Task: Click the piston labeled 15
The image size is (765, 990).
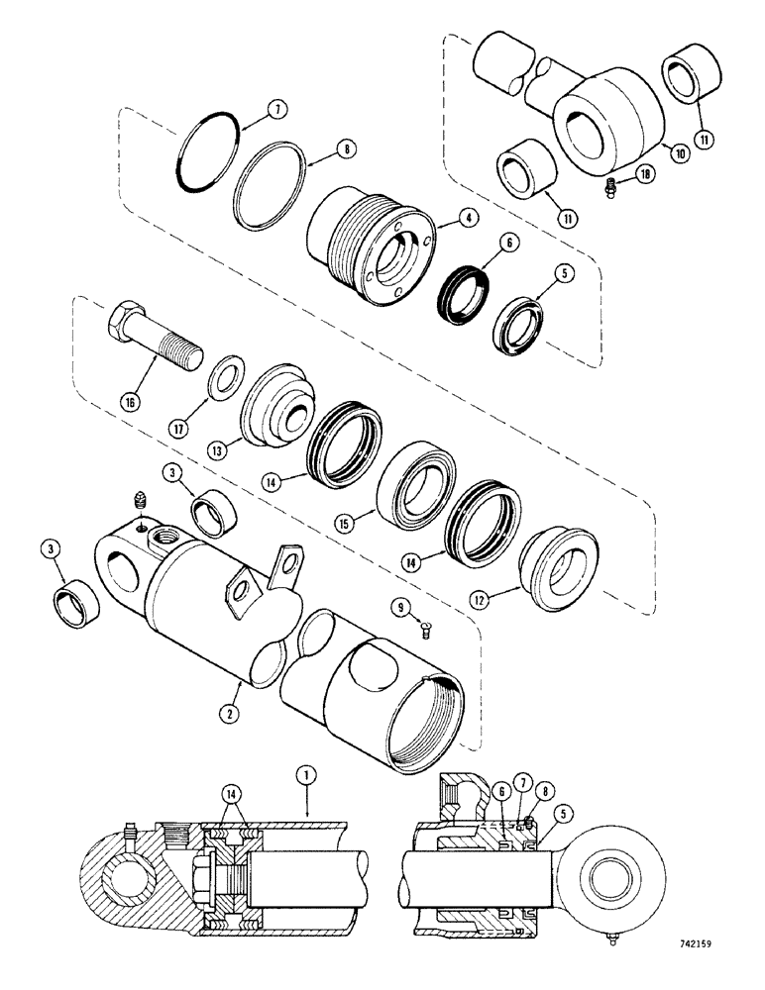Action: pyautogui.click(x=417, y=485)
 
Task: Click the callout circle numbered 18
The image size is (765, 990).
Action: pyautogui.click(x=644, y=174)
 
